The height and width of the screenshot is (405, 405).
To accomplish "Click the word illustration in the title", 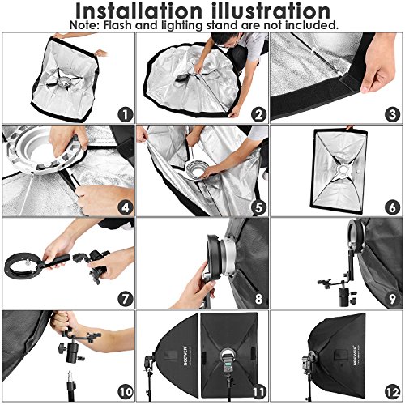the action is tap(271, 11).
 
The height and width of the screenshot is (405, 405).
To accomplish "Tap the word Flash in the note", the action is tap(118, 25).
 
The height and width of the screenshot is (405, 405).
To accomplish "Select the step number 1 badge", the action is tap(126, 114).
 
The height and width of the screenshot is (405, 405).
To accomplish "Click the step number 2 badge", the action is tap(259, 114).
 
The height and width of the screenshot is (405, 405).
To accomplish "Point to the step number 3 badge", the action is tap(392, 114).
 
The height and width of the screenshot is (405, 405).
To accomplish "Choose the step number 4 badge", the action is tap(126, 207).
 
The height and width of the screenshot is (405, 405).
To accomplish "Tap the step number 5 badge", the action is tap(259, 207).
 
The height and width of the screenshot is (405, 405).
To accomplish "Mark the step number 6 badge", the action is tap(392, 207).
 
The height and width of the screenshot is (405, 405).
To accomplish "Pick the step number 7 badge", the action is tap(126, 299).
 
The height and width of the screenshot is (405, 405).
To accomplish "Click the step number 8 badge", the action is tap(259, 299).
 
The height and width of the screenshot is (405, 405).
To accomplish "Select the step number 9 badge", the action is tap(392, 299).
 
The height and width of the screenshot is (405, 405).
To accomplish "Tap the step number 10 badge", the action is tap(126, 392).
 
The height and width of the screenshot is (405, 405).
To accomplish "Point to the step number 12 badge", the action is tap(392, 392).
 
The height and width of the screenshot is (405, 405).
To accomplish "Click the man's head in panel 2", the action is tap(225, 40).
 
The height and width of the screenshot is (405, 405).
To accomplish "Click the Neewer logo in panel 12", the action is tap(355, 355).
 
